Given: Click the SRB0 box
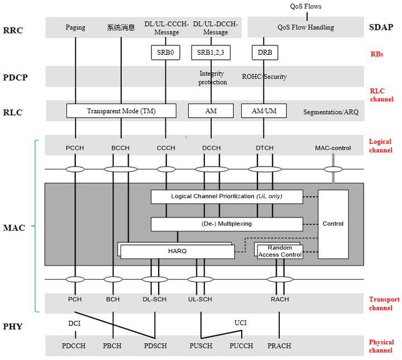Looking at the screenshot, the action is click(166, 53).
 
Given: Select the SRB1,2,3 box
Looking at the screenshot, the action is click(210, 53).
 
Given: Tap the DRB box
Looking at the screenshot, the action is click(265, 53).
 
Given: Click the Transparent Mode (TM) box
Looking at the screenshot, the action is click(121, 111).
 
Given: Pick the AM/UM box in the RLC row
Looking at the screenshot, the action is click(264, 111).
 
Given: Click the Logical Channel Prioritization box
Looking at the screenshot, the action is click(227, 197).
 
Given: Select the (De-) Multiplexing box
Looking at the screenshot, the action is click(227, 224).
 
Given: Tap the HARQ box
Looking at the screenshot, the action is click(178, 251).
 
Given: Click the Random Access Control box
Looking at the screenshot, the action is click(280, 251).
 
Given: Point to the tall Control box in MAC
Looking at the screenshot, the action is click(333, 224).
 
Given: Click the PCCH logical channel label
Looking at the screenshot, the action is click(75, 148).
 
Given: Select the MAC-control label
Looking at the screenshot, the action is click(333, 148).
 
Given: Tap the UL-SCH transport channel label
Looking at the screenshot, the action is click(200, 300).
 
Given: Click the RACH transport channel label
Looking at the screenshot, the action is click(280, 300).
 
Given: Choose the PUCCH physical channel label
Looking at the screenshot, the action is click(241, 346).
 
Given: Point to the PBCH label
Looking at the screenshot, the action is click(112, 346).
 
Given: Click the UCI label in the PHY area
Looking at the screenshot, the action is click(241, 323).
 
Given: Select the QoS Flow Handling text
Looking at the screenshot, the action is click(305, 27).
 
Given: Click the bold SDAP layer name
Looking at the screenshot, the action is click(381, 27).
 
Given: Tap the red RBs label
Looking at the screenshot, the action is click(377, 54).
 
